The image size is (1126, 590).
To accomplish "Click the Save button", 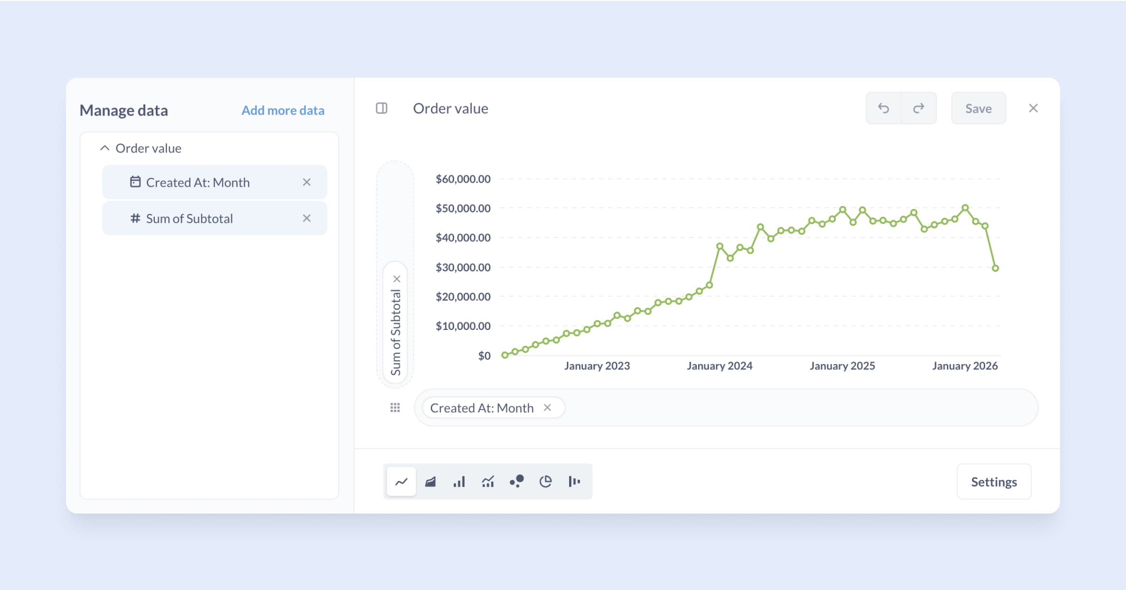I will click(x=978, y=108).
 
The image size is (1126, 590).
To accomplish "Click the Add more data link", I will click(x=283, y=110).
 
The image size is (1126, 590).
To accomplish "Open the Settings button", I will click(x=994, y=482).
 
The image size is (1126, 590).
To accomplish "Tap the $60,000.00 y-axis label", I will click(x=463, y=179).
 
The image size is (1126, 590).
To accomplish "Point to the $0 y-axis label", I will click(x=484, y=356).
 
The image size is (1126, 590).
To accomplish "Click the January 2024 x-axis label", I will click(x=719, y=366).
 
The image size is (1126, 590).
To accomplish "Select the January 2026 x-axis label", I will click(x=965, y=366).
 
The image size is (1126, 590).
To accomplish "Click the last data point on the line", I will click(x=995, y=268).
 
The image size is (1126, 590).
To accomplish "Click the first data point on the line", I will click(x=505, y=355).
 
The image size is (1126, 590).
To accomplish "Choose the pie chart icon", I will click(x=545, y=482).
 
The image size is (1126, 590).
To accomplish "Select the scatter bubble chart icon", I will click(x=517, y=482).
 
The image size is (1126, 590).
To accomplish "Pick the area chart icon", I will click(x=430, y=482).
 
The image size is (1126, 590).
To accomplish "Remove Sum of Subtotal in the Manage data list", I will click(x=307, y=218).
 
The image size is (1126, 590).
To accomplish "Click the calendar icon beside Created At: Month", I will click(x=135, y=182).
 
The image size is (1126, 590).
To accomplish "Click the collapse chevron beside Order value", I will click(x=105, y=148).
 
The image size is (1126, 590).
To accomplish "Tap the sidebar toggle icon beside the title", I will click(x=381, y=108).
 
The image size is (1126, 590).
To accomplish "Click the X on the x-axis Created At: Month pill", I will click(x=547, y=407).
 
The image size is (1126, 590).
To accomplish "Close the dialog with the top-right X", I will click(x=1033, y=108).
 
